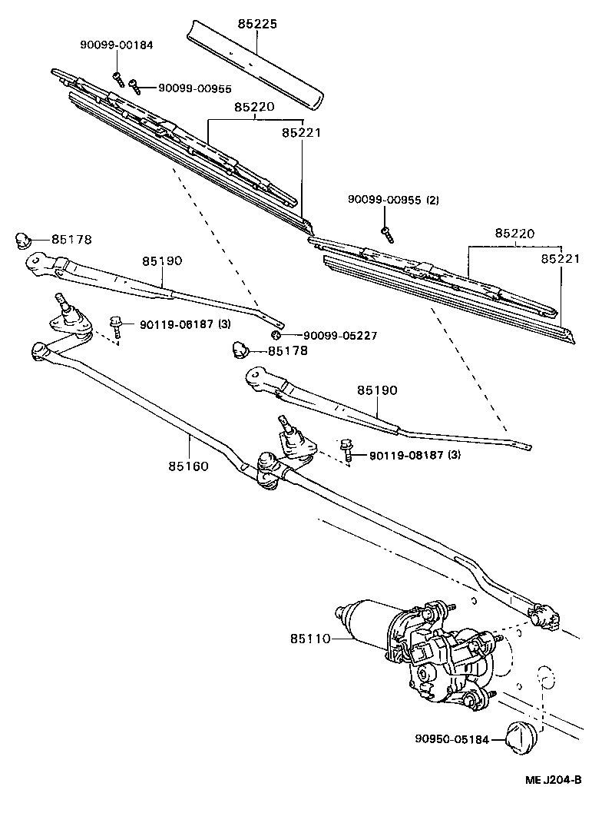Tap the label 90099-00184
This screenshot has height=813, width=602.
click(x=116, y=45)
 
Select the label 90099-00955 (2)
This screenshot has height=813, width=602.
click(x=393, y=200)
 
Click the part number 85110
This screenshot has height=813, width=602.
click(x=310, y=639)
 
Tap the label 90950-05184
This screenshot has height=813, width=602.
click(x=451, y=739)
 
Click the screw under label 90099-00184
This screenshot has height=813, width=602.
click(x=117, y=78)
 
